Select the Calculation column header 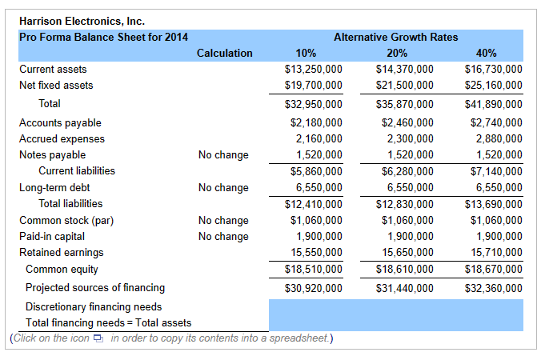[224, 54]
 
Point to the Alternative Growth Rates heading [395, 37]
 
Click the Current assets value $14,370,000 [405, 70]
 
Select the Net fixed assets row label [56, 86]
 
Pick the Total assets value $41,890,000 [493, 104]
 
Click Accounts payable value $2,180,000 [316, 123]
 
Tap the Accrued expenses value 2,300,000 [410, 139]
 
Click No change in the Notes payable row [223, 155]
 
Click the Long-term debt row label [54, 188]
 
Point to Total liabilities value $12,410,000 [314, 204]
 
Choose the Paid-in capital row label [51, 237]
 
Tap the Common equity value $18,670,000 [493, 270]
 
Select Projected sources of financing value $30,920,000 [314, 288]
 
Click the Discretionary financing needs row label [94, 306]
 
